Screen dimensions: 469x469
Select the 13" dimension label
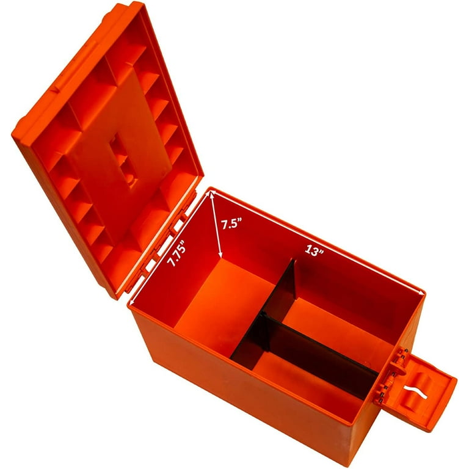[x=313, y=250]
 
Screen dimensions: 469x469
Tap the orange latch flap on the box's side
[x=428, y=391]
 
